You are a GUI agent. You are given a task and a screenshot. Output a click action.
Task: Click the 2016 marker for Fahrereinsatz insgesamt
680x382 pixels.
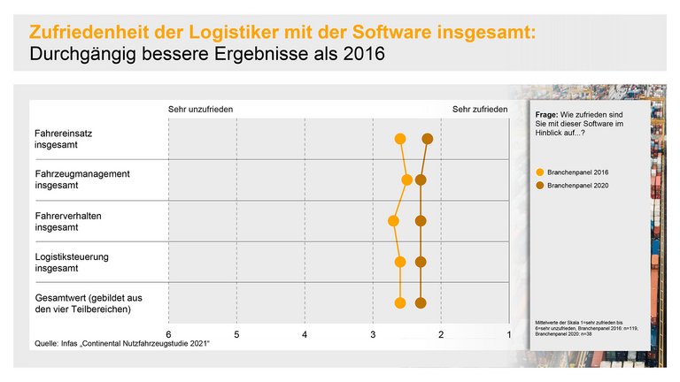400,139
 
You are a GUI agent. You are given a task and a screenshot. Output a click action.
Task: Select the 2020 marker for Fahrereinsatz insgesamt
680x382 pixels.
428,139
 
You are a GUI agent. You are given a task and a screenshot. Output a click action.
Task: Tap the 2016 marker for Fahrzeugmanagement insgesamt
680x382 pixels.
407,180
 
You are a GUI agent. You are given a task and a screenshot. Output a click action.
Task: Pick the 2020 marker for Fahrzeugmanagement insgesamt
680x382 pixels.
421,180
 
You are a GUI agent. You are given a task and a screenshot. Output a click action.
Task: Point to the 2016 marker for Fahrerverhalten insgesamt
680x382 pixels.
394,221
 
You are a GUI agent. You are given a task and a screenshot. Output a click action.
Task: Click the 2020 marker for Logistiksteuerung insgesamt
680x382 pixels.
421,262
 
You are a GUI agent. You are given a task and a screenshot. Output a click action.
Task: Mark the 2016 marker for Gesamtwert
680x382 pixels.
400,303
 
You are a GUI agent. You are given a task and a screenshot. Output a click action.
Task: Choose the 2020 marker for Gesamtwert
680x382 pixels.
421,303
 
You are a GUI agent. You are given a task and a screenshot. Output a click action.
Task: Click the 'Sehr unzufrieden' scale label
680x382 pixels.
201,109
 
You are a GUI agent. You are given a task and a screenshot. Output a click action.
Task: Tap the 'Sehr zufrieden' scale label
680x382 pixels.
480,109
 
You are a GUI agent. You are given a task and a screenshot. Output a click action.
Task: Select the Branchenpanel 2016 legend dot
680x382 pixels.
540,172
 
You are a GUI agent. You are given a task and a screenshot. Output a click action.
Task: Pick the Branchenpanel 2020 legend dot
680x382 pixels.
540,187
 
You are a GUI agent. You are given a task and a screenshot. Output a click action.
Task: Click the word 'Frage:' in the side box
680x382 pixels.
547,116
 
